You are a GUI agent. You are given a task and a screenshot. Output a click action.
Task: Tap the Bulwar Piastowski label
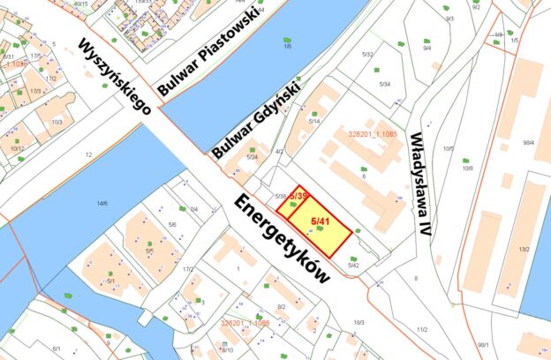(x=208, y=51)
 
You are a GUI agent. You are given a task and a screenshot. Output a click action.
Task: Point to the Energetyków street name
(x=282, y=238)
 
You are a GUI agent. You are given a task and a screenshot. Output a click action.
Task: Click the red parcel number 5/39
(x=298, y=196)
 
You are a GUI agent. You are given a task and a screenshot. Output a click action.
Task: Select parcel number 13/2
(x=524, y=250)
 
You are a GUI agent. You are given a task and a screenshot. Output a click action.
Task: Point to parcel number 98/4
(x=529, y=142)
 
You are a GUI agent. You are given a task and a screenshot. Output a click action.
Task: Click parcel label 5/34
(x=384, y=84)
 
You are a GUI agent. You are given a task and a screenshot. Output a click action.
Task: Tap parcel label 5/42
(x=354, y=265)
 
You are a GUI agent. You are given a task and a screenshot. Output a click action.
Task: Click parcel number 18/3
(x=359, y=323)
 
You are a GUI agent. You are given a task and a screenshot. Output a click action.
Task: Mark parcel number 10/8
(x=467, y=167)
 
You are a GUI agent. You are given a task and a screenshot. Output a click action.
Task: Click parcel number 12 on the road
(x=88, y=154)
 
